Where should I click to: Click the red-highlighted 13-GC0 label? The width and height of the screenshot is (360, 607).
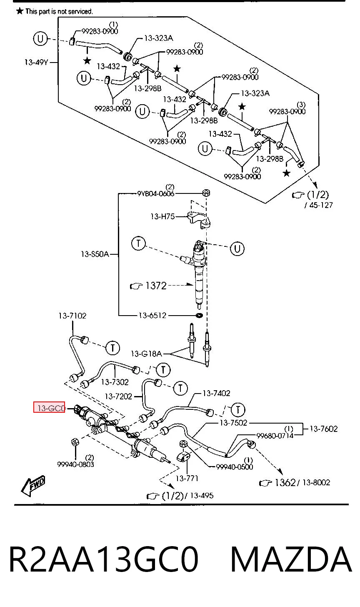point(49,408)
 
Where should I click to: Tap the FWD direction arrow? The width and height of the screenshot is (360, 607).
point(33,486)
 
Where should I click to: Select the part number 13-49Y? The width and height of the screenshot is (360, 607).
point(36,63)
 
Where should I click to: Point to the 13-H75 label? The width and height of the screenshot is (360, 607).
point(162,216)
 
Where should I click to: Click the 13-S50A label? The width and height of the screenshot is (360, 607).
point(95,254)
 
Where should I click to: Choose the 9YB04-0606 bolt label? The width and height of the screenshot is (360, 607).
point(155,193)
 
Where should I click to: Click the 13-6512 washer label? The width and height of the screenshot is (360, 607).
point(152,315)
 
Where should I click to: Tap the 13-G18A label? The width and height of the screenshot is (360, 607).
point(147,354)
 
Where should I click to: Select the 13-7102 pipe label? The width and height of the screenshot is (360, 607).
point(72,316)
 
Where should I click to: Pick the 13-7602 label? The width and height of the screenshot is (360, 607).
point(324,429)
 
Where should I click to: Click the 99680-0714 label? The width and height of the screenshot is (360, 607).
point(275,436)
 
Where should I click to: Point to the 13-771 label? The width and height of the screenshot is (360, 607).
point(187,478)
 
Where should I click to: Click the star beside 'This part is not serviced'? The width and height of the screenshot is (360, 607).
point(20,11)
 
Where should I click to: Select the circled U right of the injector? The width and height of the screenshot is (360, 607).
point(237,248)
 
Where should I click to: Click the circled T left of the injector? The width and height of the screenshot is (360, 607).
point(138,243)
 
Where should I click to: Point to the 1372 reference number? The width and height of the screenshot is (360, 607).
point(156,285)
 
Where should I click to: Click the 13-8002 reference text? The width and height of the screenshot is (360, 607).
point(316,482)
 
